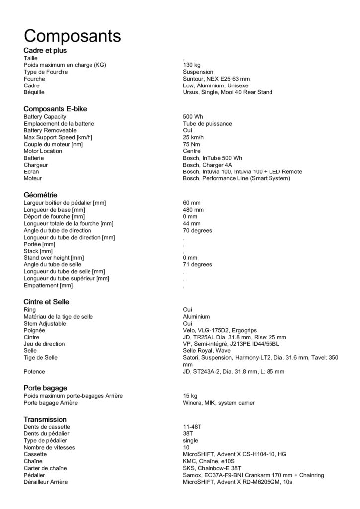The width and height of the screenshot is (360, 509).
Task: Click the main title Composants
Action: (x=72, y=36)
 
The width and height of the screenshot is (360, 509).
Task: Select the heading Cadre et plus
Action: (x=45, y=50)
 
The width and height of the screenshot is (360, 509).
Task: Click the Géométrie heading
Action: (x=41, y=195)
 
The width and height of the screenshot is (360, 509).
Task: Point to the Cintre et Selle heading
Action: (x=46, y=302)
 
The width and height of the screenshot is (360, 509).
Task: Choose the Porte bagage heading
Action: (x=45, y=388)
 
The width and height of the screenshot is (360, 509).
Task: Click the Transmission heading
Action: (x=45, y=419)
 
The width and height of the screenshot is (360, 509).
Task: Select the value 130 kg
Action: (x=192, y=65)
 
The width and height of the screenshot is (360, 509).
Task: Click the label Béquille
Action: (x=35, y=92)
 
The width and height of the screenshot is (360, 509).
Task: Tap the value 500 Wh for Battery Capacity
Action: (x=193, y=117)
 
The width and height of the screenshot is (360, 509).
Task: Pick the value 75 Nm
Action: (x=191, y=144)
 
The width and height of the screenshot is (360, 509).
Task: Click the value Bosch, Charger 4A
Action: (x=207, y=165)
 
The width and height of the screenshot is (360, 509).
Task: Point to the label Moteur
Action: (x=33, y=178)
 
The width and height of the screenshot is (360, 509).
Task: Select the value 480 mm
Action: (x=193, y=210)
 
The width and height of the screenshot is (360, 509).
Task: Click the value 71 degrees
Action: (x=197, y=265)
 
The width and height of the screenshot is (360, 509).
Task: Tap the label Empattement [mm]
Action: (x=48, y=285)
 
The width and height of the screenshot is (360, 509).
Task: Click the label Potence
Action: (x=34, y=371)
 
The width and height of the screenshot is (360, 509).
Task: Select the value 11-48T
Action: (x=191, y=427)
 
